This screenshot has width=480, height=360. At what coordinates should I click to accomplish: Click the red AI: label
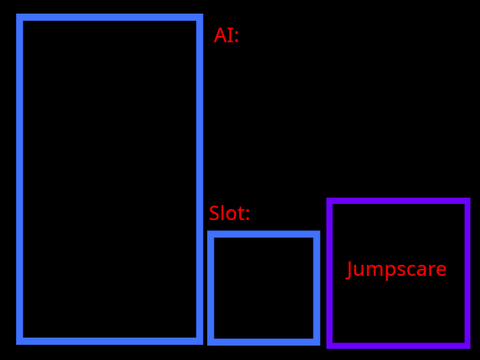(226, 35)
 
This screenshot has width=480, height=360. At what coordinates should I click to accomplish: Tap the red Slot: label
(229, 213)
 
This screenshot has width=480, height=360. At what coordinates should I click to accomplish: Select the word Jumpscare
(396, 269)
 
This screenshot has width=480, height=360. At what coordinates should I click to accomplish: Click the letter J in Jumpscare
(349, 269)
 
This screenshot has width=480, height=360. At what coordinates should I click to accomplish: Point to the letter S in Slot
(214, 213)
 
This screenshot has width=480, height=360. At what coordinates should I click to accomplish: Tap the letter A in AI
(221, 35)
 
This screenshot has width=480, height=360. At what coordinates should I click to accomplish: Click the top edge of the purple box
(398, 201)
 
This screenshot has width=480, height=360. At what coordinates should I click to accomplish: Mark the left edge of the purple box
(330, 273)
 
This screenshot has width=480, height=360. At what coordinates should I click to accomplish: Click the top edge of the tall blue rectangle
(110, 17)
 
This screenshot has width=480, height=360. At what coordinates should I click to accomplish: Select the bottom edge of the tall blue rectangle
(110, 341)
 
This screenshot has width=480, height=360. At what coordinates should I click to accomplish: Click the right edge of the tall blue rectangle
(200, 179)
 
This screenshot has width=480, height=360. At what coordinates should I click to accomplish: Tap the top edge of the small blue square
(264, 234)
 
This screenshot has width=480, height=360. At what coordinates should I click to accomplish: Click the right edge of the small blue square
(317, 288)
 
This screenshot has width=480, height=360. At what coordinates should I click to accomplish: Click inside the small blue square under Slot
(264, 288)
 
